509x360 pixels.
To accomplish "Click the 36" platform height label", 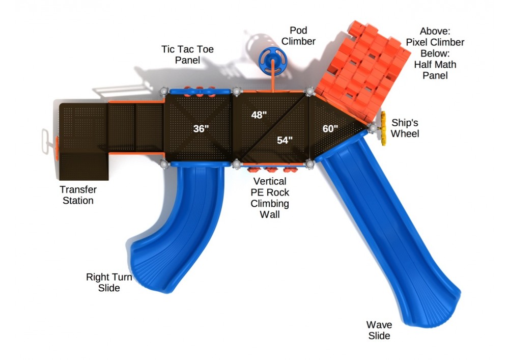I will click(201, 129).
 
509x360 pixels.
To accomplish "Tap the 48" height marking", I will click(259, 115).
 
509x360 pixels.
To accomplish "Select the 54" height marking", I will click(285, 140).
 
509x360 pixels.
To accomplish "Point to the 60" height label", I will click(330, 129).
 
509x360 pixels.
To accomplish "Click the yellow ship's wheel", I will click(381, 128).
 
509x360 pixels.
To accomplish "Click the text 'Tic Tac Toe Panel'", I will click(187, 54).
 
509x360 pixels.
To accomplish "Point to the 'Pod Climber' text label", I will click(298, 36).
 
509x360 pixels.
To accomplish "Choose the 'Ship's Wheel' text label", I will click(406, 128).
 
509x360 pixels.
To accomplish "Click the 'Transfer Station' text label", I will click(78, 195).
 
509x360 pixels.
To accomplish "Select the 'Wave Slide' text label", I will click(380, 330).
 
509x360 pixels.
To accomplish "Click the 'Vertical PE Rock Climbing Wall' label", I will click(269, 198).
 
